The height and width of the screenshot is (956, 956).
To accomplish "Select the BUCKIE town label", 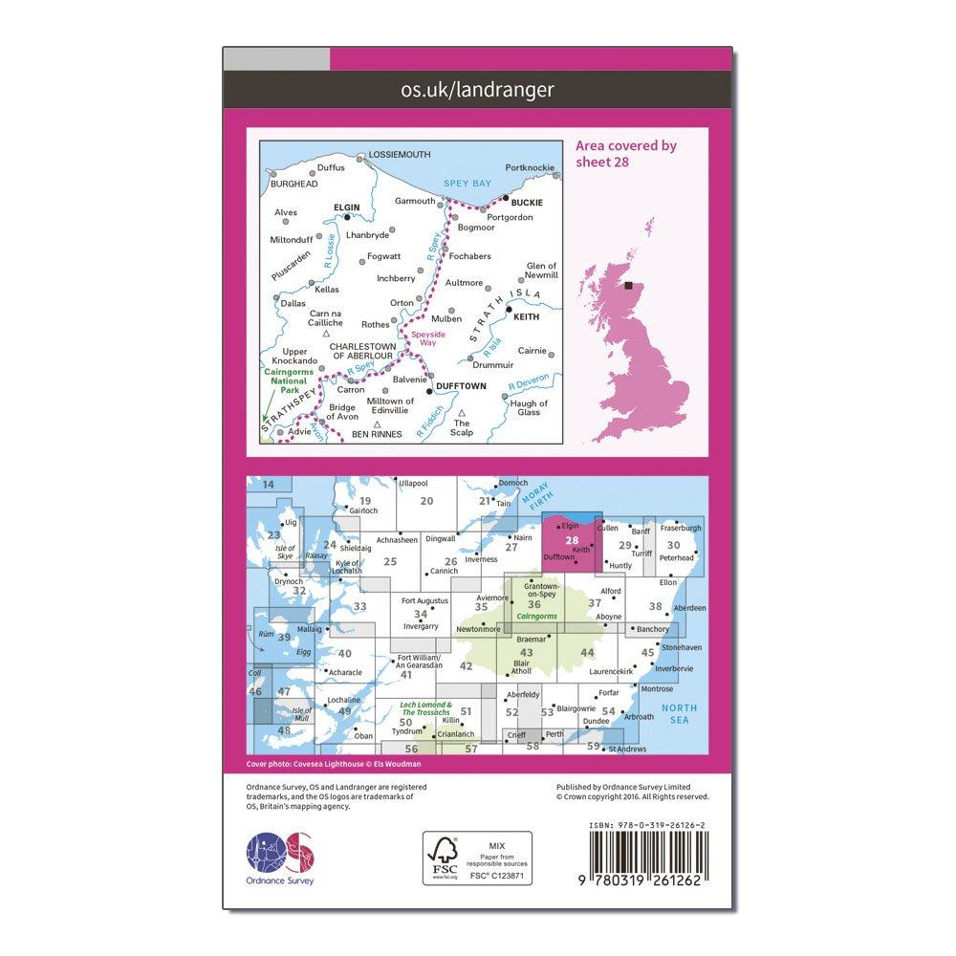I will coord(527,203).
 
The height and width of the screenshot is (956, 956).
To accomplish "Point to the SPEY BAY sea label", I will coord(468,182).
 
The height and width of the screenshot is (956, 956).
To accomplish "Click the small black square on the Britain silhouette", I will coord(628,284).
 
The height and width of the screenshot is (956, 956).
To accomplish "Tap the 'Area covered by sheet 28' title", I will coord(625,153).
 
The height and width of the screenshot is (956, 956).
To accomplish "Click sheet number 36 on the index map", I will coord(534,603).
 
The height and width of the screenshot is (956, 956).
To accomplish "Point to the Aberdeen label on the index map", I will coord(689,608).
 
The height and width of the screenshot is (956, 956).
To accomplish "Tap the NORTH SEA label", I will coord(684,713).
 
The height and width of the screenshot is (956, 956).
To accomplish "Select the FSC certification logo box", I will coord(478,858).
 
